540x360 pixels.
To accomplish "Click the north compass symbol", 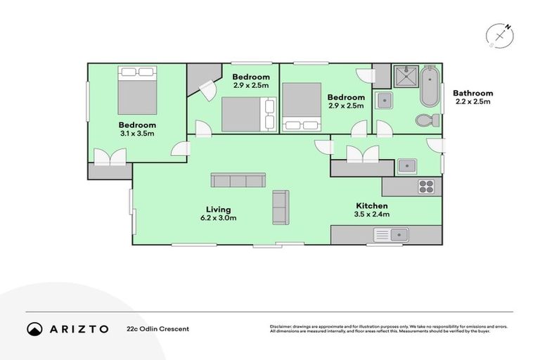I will pos(500,34).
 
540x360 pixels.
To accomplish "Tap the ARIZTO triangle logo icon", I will pos(34,328).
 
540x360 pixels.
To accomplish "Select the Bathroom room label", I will pos(472,93).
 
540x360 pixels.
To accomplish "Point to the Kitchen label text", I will pos(371,206).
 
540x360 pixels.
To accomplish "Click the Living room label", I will pos(218,210).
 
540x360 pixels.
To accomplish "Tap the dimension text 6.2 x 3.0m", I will pos(218,218).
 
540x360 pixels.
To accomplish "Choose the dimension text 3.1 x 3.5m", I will pos(137,133).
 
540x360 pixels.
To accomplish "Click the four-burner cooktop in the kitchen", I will pos(426,186).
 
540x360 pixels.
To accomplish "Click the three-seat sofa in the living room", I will pos(238,180).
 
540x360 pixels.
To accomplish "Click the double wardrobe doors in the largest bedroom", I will pos(110,157).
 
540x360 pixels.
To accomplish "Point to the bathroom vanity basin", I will pos(384,100).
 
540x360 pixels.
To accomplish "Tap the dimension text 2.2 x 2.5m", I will pos(472,102).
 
